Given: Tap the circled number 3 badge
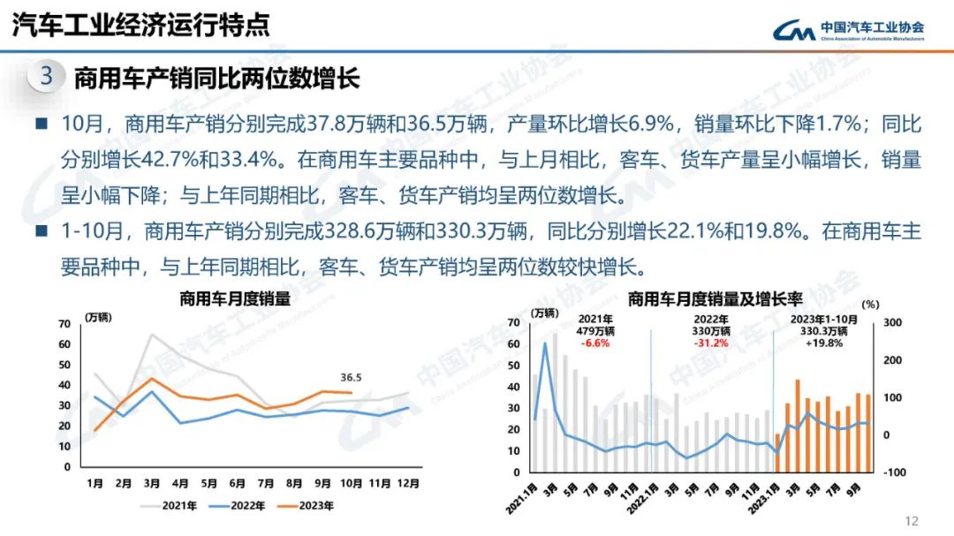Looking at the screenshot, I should [x=47, y=76].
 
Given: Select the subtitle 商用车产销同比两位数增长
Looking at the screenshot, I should [x=216, y=78].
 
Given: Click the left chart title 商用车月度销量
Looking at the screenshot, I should [x=234, y=298].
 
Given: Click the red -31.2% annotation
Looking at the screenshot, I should [x=711, y=343].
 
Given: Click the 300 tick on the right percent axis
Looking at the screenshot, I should [x=892, y=323].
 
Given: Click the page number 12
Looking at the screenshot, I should [x=912, y=520].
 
